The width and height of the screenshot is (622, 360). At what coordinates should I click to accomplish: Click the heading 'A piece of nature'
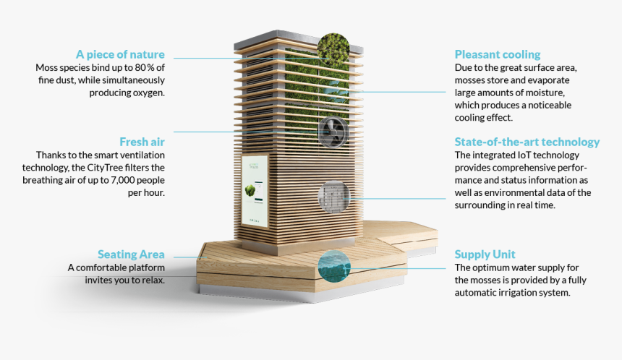tap(120, 54)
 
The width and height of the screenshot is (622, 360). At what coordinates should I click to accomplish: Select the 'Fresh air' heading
tap(142, 142)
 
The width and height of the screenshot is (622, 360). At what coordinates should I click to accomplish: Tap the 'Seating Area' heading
tap(131, 254)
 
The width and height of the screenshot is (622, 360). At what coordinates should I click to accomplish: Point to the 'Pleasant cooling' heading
tap(497, 54)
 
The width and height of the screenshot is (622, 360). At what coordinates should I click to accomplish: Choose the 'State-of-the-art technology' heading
tap(527, 142)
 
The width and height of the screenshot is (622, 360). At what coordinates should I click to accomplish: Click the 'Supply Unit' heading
tap(485, 254)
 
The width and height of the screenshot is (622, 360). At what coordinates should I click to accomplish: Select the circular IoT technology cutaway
tap(334, 197)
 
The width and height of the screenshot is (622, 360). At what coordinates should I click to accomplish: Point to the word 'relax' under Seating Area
tap(152, 280)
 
